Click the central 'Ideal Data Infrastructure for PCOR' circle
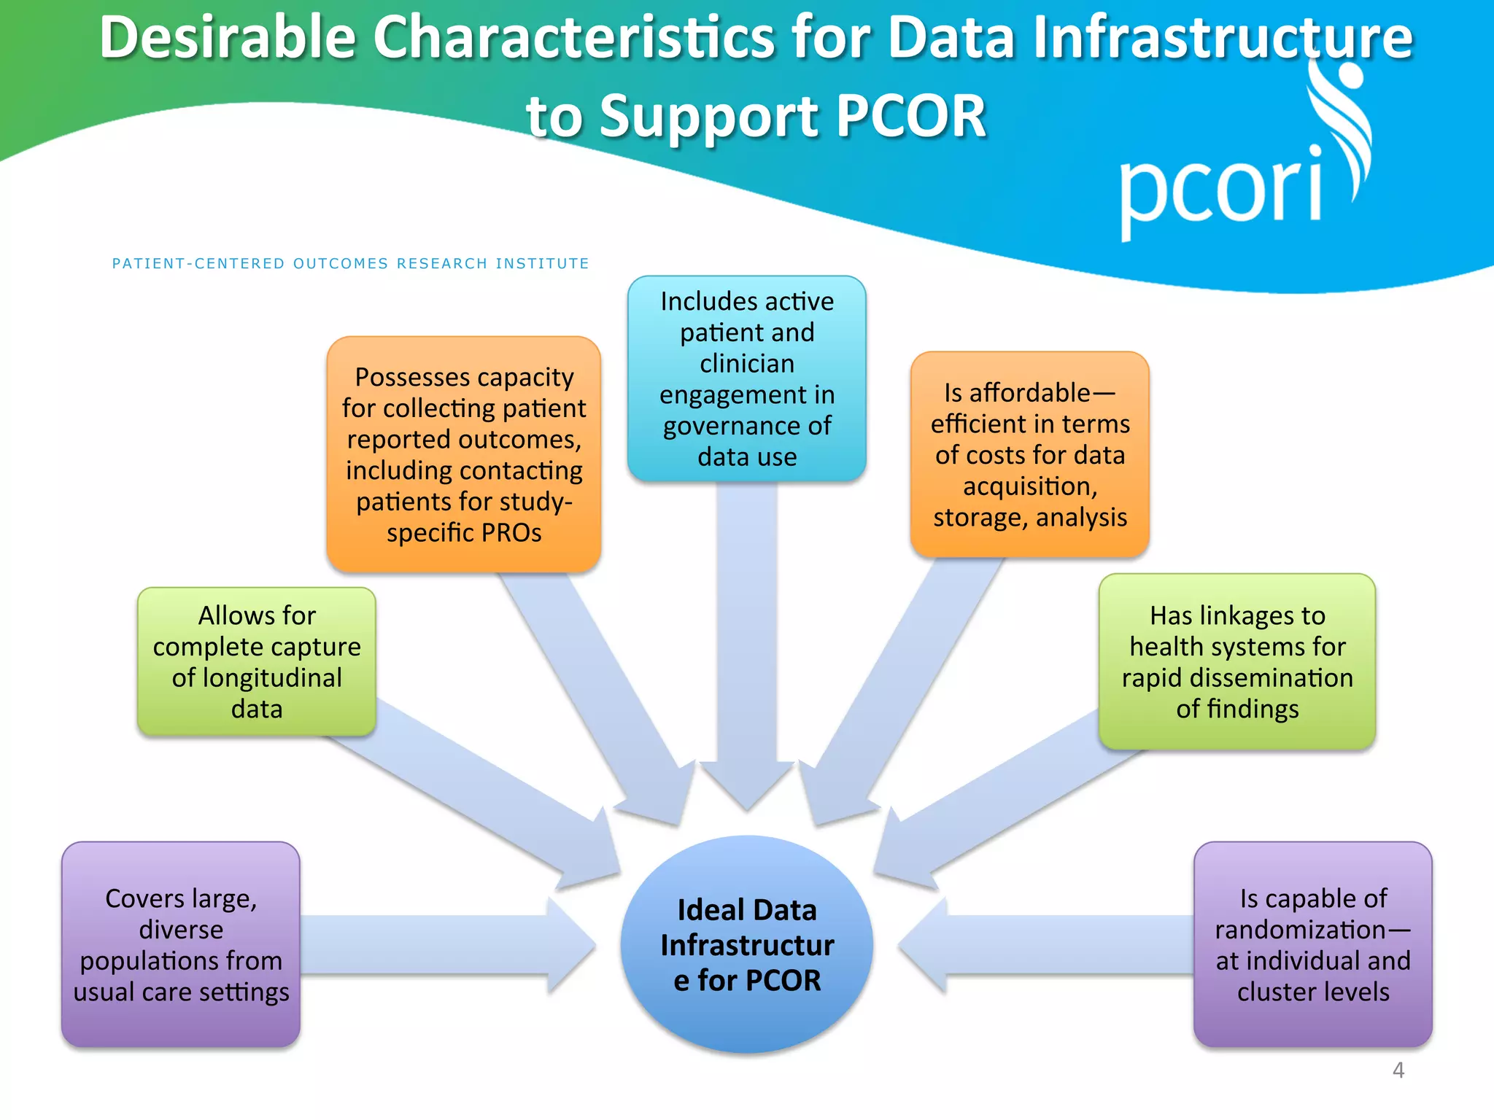[746, 944]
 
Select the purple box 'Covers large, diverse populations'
[181, 944]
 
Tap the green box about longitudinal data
[257, 661]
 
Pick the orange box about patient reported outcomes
[464, 454]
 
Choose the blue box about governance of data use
[746, 378]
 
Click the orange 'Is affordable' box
[1029, 454]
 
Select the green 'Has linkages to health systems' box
[1237, 661]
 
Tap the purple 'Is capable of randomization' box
[1312, 944]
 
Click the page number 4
[1398, 1070]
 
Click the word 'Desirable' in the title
[228, 38]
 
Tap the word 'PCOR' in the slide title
[911, 117]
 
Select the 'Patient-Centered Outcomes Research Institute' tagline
[350, 263]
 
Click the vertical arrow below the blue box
[746, 642]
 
